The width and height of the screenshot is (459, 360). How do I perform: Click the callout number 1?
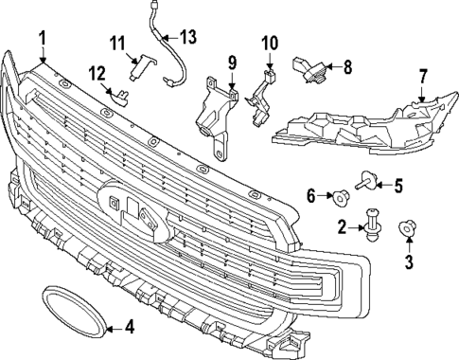pyautogui.click(x=43, y=37)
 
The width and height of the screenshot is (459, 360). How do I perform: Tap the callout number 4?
pyautogui.click(x=129, y=329)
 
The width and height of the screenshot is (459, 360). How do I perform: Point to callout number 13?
pyautogui.click(x=187, y=37)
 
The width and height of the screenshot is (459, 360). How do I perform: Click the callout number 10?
pyautogui.click(x=269, y=43)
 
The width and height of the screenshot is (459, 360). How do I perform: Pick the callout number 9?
pyautogui.click(x=230, y=64)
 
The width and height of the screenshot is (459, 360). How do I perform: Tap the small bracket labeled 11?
pyautogui.click(x=139, y=63)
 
